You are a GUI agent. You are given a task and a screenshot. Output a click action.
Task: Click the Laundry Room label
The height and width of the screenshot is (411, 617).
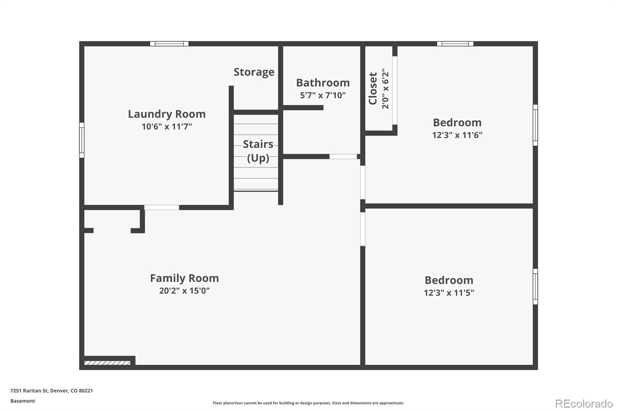(167, 114)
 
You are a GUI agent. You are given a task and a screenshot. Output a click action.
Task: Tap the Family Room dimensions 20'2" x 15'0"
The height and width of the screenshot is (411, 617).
(184, 291)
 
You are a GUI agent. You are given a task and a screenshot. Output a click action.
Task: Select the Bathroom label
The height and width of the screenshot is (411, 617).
(323, 83)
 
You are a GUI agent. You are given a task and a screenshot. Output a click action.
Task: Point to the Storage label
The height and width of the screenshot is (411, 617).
(254, 72)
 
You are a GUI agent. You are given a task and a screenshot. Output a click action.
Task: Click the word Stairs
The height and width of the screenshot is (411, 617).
(258, 144)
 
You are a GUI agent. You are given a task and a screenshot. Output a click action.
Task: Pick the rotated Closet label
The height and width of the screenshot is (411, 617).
(373, 88)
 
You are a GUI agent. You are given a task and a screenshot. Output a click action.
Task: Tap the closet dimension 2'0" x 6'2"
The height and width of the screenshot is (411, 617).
(385, 89)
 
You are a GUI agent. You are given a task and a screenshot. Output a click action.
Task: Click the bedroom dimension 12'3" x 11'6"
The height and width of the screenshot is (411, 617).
(457, 135)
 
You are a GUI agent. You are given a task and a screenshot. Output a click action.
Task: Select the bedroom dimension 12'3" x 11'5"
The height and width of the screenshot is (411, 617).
(449, 293)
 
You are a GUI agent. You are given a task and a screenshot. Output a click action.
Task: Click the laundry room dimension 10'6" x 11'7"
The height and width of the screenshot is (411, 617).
(167, 126)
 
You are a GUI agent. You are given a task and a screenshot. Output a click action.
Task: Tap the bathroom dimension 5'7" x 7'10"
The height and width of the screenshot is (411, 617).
(322, 95)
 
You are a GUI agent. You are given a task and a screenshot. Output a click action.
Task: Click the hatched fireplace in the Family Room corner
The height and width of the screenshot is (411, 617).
(107, 363)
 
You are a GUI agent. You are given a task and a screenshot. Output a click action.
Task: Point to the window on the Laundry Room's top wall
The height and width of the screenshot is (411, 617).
(169, 44)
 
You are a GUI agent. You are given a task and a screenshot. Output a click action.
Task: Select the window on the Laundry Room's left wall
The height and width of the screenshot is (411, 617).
(82, 140)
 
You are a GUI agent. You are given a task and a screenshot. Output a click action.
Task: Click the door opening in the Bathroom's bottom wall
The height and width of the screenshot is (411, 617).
(343, 157)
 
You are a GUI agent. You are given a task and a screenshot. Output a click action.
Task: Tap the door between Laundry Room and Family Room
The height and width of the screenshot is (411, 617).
(162, 207)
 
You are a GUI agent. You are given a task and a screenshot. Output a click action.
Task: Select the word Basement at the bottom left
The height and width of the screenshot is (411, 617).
(23, 401)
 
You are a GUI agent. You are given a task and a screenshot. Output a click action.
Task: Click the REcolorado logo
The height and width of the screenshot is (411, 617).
(584, 404)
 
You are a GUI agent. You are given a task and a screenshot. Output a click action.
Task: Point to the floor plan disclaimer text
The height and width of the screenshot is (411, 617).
(308, 403)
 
